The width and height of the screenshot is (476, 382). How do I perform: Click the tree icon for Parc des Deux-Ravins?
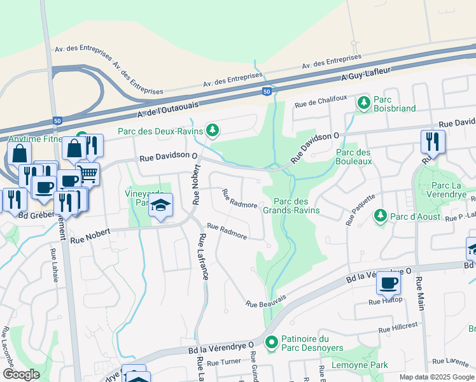[x=213, y=131]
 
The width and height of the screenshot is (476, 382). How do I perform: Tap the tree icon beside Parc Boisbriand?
[x=363, y=102]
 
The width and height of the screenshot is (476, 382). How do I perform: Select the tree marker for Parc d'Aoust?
[x=380, y=216]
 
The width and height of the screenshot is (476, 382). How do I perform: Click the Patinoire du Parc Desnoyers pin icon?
[x=272, y=343]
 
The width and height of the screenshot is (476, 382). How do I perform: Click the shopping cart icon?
[x=88, y=173]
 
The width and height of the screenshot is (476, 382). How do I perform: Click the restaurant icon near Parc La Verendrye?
[x=433, y=141]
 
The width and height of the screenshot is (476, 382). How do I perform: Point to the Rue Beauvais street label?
[x=266, y=300]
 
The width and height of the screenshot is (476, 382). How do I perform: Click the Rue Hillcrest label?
[x=398, y=327]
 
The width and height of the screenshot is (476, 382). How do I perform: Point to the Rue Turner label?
[x=223, y=362]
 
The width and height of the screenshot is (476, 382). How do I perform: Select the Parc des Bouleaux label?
[x=353, y=157]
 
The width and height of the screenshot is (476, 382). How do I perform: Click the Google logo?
[x=22, y=374]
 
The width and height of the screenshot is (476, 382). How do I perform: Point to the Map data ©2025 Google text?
[x=436, y=377]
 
